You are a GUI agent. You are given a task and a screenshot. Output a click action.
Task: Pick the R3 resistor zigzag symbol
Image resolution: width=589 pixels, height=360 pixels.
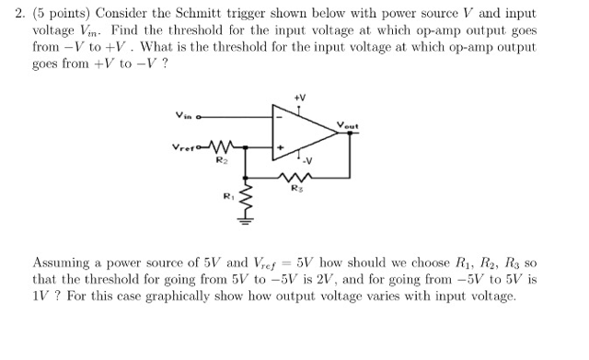coord(294,178)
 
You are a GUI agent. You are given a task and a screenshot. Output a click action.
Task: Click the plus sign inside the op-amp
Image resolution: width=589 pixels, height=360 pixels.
coord(278,146)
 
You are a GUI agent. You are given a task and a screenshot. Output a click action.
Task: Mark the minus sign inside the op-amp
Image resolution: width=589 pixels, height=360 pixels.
coord(278,116)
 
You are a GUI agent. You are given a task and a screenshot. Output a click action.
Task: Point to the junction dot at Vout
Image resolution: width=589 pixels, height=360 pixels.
coord(350,133)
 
